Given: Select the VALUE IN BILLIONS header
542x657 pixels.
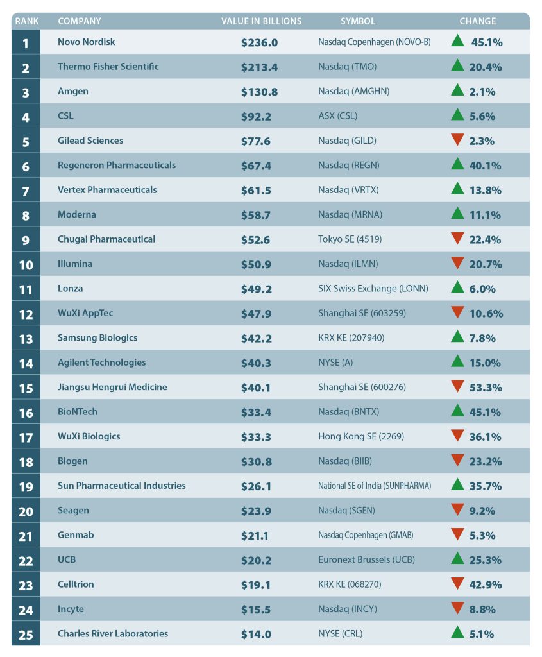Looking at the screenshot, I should coord(261,21).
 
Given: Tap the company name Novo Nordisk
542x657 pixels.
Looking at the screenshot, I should coord(87,42).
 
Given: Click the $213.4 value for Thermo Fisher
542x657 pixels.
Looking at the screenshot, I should coord(259,67).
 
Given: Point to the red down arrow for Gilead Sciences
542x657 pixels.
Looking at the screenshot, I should coord(457,140).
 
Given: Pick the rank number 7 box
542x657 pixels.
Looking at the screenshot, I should coord(26,190).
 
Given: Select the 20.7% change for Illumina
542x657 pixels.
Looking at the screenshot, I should coord(486,264).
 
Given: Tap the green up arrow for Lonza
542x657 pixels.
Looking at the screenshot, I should coord(457,288).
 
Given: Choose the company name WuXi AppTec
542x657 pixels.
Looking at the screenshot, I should coord(85,313).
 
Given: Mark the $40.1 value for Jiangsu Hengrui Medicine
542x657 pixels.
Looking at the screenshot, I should coord(256,388).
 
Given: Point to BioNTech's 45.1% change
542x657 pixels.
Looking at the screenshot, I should coord(486,412).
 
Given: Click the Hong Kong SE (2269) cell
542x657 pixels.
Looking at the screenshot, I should coord(357,437).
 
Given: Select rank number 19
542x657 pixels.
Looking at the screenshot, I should coord(26,486).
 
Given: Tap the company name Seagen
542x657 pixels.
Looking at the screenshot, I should coord(73,511).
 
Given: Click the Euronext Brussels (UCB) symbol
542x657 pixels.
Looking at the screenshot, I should coord(366,560).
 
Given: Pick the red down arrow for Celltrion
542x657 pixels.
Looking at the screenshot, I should coord(457,583).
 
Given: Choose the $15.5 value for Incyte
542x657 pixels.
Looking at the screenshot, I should coord(256,610).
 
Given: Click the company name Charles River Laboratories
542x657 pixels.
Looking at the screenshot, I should coord(113,634).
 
